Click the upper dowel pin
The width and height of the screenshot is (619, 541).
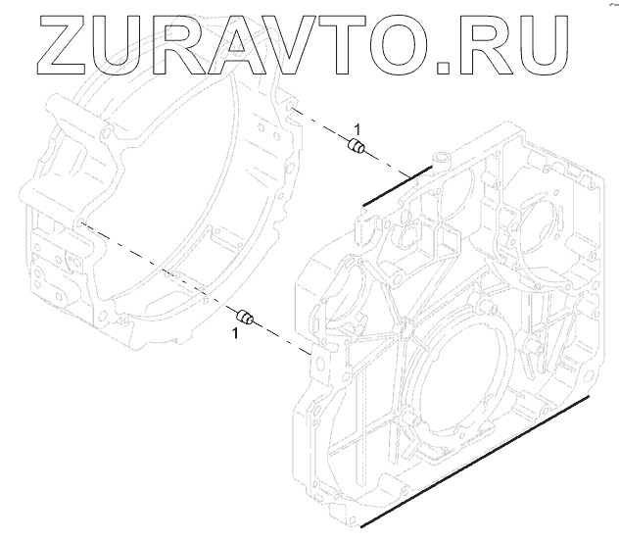click(358, 149)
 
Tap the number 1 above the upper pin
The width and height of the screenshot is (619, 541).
click(357, 129)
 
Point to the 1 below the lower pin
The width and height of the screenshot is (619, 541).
click(235, 335)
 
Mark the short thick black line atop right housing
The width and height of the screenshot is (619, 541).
click(396, 185)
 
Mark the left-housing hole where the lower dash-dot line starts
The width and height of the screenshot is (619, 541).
click(77, 223)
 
